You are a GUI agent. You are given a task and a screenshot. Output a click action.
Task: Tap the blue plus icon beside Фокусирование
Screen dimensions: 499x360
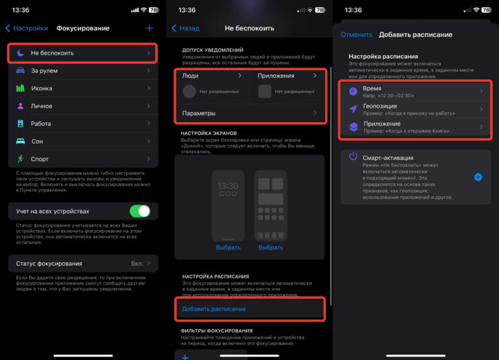pyautogui.click(x=149, y=28)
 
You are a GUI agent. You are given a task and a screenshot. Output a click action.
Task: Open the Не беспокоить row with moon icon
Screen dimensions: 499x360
pyautogui.click(x=83, y=53)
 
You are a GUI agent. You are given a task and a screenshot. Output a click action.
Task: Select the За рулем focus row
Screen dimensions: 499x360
pyautogui.click(x=83, y=71)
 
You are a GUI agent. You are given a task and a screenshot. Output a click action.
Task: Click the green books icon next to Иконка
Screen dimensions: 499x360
pyautogui.click(x=20, y=88)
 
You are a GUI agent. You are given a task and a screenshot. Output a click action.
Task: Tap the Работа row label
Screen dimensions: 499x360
pyautogui.click(x=40, y=124)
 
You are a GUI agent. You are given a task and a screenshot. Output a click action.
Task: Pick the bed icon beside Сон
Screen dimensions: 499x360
pyautogui.click(x=20, y=141)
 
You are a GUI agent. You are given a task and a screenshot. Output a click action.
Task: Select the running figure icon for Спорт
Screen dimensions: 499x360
pyautogui.click(x=20, y=158)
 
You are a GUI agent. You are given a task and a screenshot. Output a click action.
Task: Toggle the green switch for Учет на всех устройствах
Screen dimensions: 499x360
pyautogui.click(x=140, y=211)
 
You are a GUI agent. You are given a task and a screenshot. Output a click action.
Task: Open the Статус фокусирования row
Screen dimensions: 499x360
pyautogui.click(x=83, y=264)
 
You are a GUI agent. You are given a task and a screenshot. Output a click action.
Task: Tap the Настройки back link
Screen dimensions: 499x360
pyautogui.click(x=27, y=28)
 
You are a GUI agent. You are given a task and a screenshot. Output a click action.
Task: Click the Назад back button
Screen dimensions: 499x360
pyautogui.click(x=186, y=28)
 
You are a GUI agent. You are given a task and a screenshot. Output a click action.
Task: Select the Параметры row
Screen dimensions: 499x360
pyautogui.click(x=250, y=113)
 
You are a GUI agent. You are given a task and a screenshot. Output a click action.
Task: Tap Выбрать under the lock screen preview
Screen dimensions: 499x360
pyautogui.click(x=228, y=247)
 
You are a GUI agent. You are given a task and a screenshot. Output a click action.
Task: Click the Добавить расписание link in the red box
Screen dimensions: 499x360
pyautogui.click(x=214, y=309)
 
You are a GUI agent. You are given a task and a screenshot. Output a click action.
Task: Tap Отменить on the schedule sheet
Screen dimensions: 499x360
pyautogui.click(x=357, y=34)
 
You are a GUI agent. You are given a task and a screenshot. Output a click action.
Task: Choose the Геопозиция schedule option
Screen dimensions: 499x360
pyautogui.click(x=415, y=109)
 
